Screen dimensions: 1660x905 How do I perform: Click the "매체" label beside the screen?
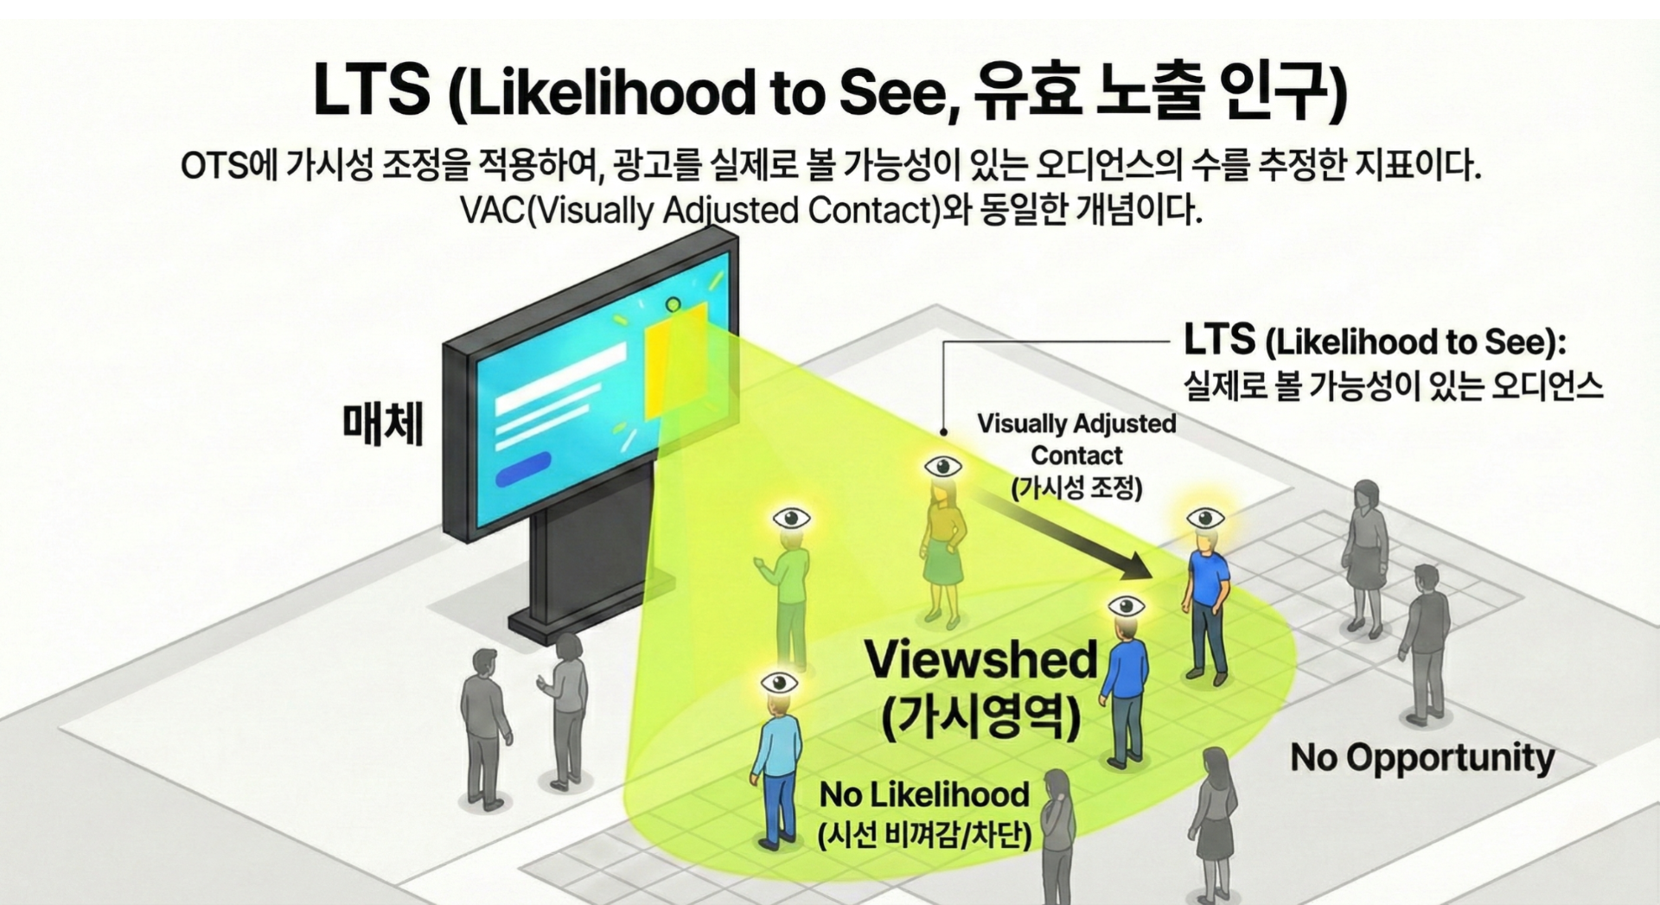coord(383,424)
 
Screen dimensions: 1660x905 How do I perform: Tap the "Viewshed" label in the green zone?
coord(980,660)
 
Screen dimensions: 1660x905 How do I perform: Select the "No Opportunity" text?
coord(1422,757)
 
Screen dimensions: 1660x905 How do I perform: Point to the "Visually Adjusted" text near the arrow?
coord(1076,424)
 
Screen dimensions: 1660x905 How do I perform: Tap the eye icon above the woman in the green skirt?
coord(942,467)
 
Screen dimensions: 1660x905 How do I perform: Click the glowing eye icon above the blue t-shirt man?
coord(1204,519)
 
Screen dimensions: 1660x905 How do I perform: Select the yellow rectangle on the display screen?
coord(675,363)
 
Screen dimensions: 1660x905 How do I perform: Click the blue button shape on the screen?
coord(523,468)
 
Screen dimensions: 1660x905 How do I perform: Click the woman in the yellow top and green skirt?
coord(942,553)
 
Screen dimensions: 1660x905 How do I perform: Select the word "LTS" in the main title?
coord(371,91)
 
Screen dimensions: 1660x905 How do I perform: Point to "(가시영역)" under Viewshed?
coord(980,717)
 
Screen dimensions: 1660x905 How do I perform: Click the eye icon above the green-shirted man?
coord(791,519)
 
